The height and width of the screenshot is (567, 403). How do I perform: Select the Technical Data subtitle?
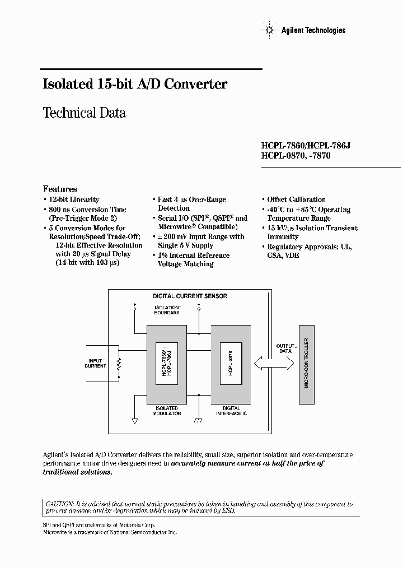click(x=84, y=113)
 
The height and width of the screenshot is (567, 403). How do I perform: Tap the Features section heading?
click(x=60, y=189)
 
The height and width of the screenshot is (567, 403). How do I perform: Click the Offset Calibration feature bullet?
click(x=296, y=199)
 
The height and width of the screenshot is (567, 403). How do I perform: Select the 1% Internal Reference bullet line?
click(x=194, y=255)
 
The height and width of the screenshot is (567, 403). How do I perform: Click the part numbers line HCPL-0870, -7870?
click(x=296, y=156)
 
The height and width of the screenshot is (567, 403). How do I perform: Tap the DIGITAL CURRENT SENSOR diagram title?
click(x=190, y=296)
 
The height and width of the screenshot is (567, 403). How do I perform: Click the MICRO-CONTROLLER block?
click(x=306, y=363)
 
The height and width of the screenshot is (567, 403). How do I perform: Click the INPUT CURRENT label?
click(x=95, y=363)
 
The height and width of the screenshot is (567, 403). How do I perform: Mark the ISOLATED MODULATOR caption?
click(x=167, y=411)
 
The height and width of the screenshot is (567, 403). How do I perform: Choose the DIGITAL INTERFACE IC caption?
click(x=231, y=411)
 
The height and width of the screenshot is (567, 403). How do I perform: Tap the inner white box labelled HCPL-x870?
click(x=231, y=363)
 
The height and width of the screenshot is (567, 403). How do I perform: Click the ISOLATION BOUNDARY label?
click(x=167, y=310)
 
